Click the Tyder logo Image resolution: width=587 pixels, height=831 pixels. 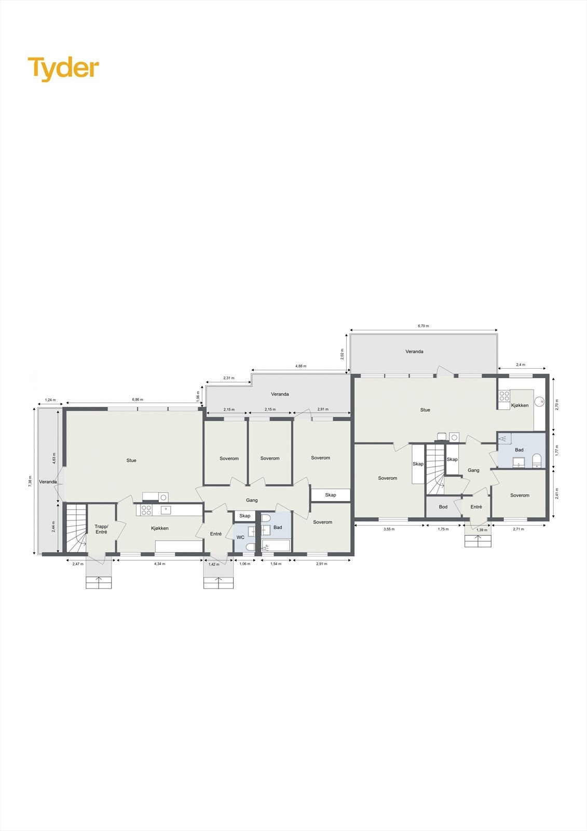coord(63,69)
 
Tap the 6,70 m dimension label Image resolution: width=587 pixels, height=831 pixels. coord(424,326)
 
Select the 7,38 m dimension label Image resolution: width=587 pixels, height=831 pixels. coord(30,481)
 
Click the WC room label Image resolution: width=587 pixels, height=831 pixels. coord(240,537)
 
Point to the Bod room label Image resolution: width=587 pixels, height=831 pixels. coord(443,507)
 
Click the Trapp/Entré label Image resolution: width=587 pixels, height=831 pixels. coord(101,529)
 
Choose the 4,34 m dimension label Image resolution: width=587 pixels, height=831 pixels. coord(160,564)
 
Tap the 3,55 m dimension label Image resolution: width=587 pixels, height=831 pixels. coord(389,529)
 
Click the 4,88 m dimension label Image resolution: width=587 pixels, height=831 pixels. coord(301,366)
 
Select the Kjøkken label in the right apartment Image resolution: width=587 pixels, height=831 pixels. coord(520,405)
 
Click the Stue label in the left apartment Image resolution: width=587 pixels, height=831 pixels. coord(131,460)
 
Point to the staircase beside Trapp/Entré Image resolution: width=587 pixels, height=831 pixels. coord(76,527)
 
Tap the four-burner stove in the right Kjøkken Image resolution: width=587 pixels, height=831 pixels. coord(504,396)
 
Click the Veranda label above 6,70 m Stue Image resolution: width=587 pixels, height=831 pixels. coord(414,352)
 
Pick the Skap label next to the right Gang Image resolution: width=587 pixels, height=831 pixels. coord(452,459)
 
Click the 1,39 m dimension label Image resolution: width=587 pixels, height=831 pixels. coord(482,530)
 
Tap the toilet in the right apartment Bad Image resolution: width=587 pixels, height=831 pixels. coord(537,459)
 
